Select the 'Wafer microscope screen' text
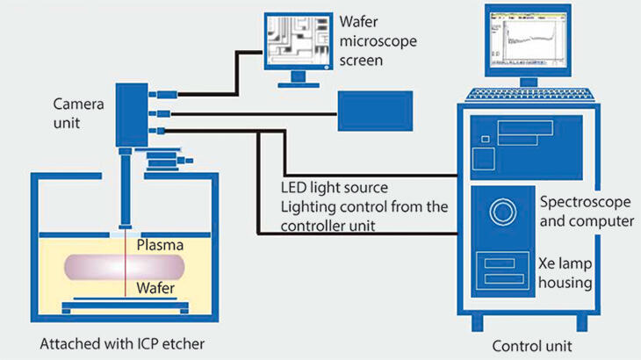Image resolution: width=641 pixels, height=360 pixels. (374, 40)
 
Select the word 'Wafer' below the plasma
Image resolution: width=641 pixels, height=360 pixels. (161, 287)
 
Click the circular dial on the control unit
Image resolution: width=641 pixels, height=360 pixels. (504, 212)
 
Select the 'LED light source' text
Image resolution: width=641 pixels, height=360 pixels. (334, 188)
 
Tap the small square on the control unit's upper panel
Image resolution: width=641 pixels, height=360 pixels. (482, 159)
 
